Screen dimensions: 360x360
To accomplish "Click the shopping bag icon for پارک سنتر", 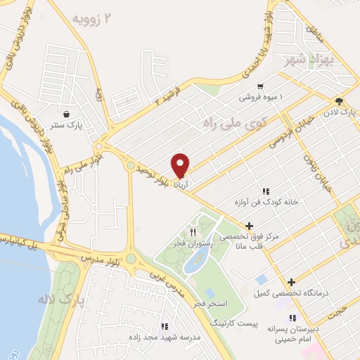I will [66, 112].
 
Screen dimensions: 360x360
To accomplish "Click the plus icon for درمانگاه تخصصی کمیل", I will [291, 283].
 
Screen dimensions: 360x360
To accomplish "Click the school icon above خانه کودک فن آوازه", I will [266, 191].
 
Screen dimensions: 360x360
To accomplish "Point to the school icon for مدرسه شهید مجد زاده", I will [164, 326].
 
